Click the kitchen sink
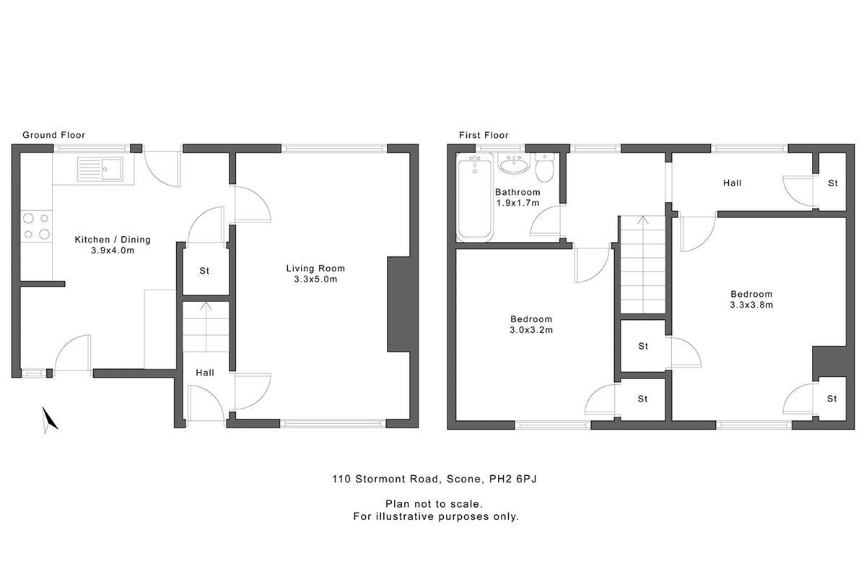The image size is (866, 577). (x=100, y=169)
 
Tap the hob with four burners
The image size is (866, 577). (x=36, y=226)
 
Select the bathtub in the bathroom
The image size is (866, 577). (x=475, y=197)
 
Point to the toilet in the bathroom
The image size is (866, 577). (x=545, y=168)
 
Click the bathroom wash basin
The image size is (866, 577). (x=514, y=164)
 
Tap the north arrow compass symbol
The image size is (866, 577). (x=49, y=420)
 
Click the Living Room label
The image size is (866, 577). (x=315, y=268)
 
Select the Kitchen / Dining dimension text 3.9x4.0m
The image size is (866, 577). (x=113, y=251)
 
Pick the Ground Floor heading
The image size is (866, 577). (x=53, y=134)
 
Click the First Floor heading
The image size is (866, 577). (x=484, y=135)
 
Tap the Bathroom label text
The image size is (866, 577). (x=517, y=192)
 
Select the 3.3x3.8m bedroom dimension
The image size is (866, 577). (x=751, y=305)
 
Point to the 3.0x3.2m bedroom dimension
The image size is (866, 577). (x=531, y=330)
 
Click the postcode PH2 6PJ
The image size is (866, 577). (x=513, y=479)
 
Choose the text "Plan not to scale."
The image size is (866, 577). (x=434, y=504)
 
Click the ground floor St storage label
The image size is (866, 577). (x=204, y=271)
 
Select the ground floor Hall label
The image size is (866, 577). (x=205, y=373)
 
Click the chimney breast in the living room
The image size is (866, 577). (x=398, y=304)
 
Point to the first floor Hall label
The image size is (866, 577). (x=732, y=183)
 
